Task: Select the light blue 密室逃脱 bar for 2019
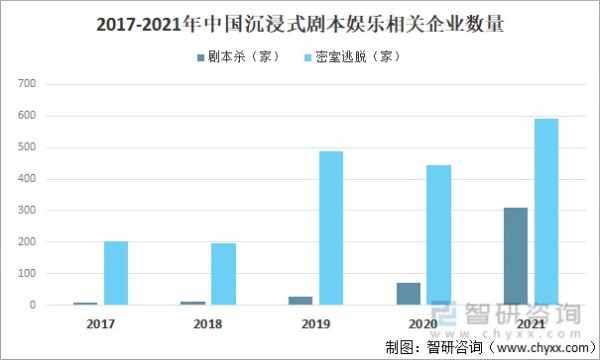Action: coord(331,228)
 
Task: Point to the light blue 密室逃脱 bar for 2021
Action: coord(546,212)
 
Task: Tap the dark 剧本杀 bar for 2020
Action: coord(408,293)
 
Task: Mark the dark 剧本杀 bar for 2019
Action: coord(300,300)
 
